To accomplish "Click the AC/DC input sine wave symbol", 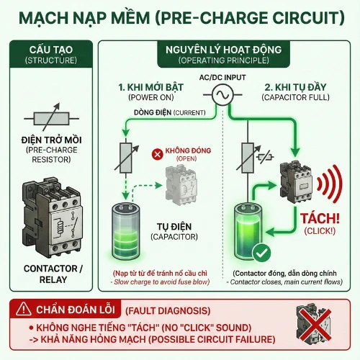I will click(x=224, y=94).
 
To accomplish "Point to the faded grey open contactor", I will click(x=182, y=185).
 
